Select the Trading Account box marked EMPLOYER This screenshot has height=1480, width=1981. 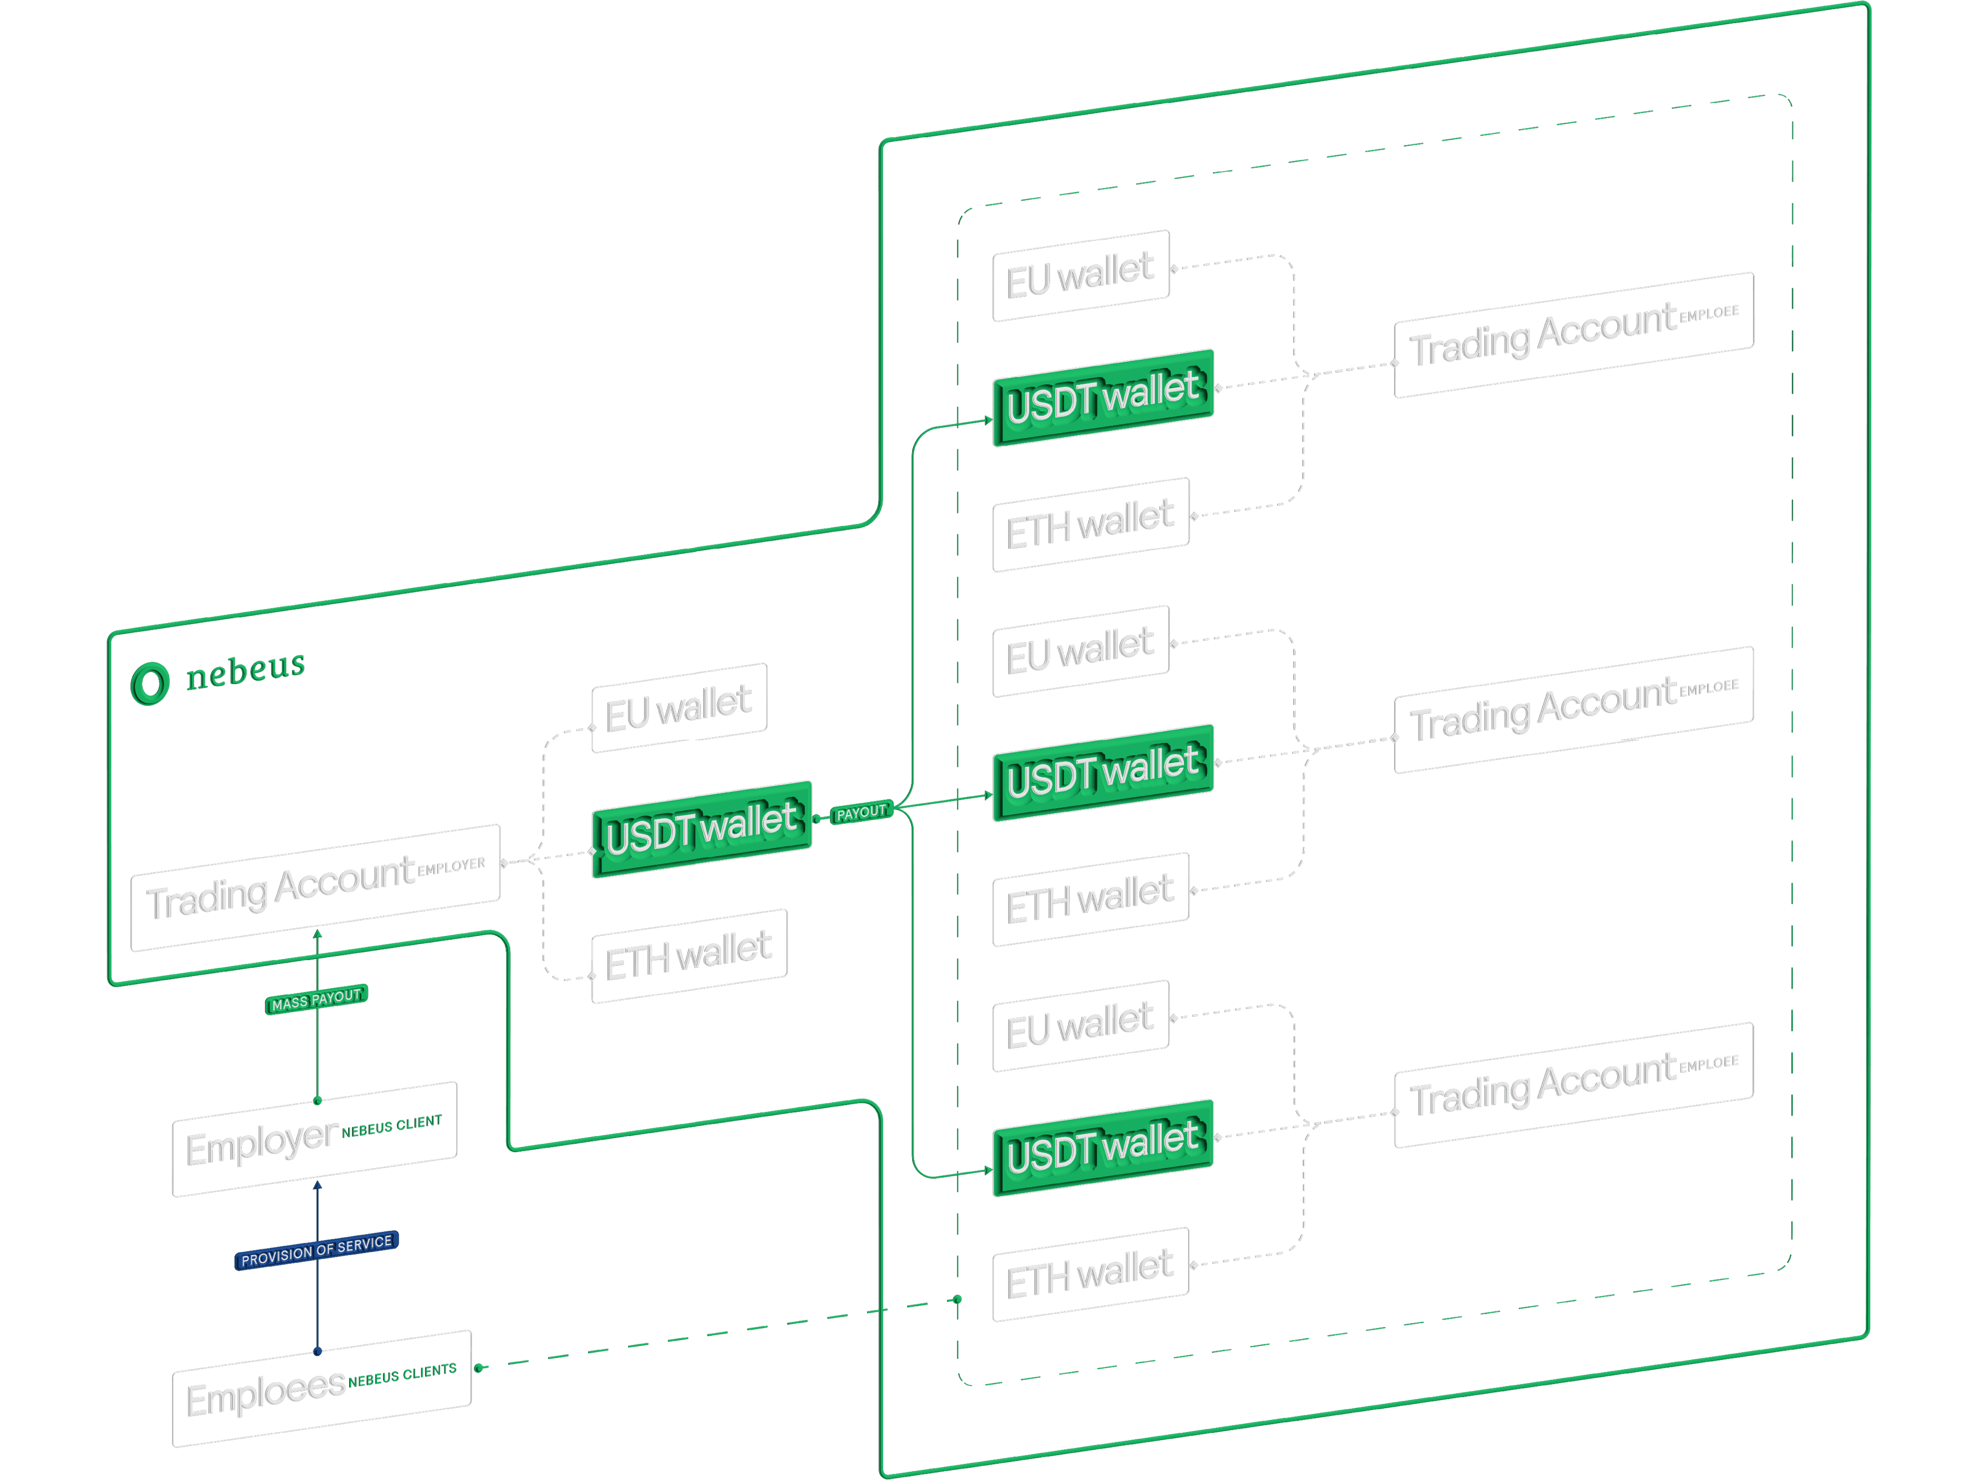click(315, 887)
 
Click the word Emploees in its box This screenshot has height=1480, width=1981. click(266, 1393)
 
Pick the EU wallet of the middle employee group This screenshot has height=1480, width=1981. click(1081, 651)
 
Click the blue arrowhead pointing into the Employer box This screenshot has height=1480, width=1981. click(317, 1187)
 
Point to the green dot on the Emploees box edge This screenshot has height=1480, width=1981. click(479, 1367)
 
